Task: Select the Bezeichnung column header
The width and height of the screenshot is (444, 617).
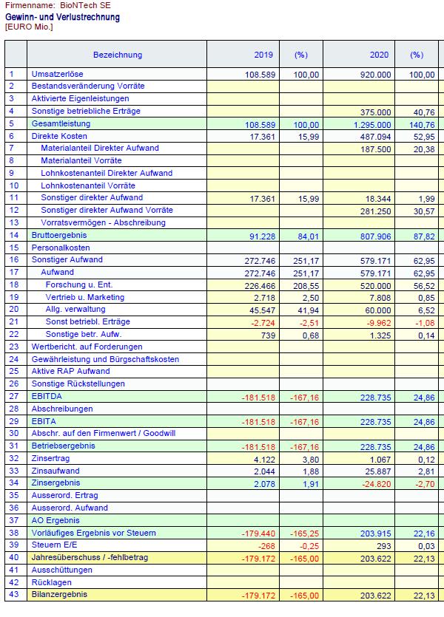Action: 117,55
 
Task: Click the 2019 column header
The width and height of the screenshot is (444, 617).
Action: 264,55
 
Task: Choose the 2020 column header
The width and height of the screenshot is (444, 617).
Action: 380,55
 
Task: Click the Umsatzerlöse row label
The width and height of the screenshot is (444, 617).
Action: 55,74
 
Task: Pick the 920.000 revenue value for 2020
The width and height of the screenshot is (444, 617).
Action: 374,75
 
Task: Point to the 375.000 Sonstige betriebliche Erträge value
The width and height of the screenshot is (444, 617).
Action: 374,112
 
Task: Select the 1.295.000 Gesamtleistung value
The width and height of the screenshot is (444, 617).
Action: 370,124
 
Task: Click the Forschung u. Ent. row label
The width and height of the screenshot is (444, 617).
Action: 78,284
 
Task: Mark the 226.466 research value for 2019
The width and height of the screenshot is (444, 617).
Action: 258,285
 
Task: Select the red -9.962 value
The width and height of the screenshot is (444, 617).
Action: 377,322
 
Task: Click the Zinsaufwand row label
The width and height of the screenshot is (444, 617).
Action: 55,471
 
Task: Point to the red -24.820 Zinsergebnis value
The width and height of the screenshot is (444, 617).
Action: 375,483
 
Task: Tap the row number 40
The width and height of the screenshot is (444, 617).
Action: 13,558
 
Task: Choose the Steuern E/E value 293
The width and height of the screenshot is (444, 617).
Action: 382,545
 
